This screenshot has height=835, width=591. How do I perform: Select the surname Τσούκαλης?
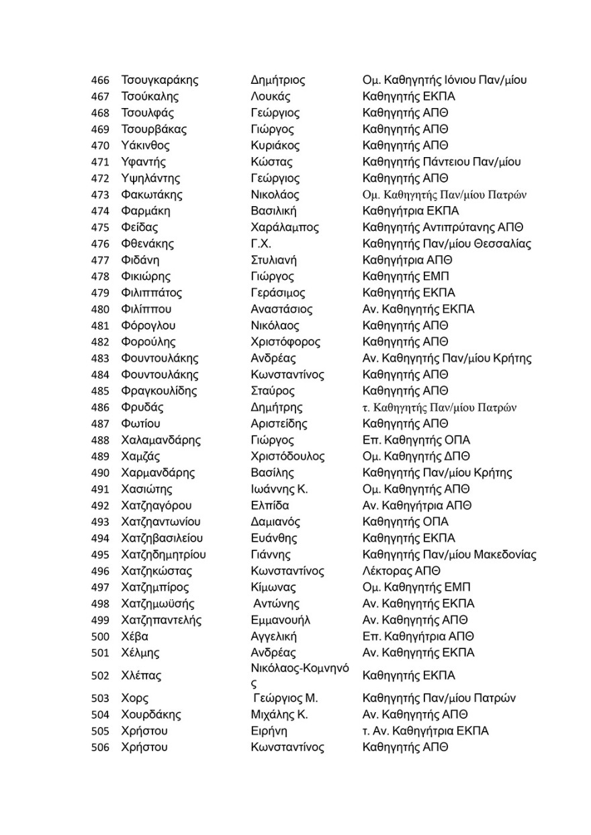click(150, 97)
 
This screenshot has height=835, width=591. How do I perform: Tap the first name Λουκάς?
click(270, 97)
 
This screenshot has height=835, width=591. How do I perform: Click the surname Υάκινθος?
click(145, 146)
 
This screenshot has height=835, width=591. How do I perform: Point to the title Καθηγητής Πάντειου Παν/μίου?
click(441, 162)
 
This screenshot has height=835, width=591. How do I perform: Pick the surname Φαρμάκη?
click(146, 211)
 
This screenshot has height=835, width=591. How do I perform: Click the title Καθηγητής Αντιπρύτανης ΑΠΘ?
click(443, 228)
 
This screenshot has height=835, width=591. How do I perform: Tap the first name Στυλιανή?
click(273, 260)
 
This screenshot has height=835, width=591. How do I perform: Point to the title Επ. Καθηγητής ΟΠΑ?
click(416, 440)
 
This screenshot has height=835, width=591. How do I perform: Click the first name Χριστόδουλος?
click(287, 456)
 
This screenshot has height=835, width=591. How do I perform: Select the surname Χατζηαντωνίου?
click(161, 522)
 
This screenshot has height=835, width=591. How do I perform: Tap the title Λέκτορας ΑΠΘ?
click(401, 571)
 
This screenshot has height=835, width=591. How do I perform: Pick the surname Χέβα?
click(135, 636)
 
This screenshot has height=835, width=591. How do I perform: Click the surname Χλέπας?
click(141, 676)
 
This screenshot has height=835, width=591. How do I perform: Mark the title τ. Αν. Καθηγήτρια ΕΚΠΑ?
click(426, 731)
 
